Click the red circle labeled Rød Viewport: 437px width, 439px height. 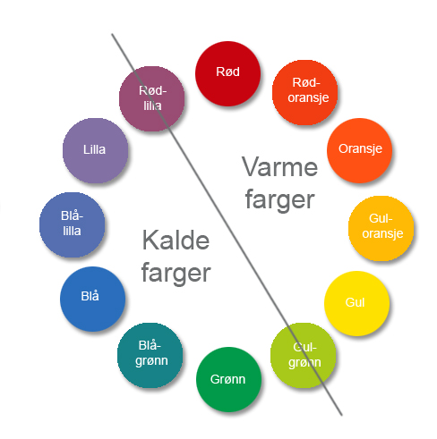(227, 73)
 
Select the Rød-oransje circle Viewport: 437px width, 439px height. (304, 92)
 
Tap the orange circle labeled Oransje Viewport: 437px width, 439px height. (359, 150)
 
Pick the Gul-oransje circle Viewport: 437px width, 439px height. (381, 228)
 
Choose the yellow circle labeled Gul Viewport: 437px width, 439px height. (356, 303)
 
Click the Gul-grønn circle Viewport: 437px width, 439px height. (303, 355)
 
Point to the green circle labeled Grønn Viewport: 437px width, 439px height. (228, 379)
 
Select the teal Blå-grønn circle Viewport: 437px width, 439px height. (150, 355)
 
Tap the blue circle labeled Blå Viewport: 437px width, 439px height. (92, 299)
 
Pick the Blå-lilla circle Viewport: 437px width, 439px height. (72, 224)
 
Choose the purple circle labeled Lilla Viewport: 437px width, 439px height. (95, 150)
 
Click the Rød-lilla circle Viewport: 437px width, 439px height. (151, 98)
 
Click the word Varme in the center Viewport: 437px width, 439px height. (279, 167)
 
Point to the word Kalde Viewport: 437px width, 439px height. (176, 241)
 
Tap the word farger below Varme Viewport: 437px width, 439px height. (279, 200)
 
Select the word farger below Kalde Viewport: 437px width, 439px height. (176, 274)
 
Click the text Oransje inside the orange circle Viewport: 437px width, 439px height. (360, 148)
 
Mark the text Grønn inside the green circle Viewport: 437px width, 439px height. (227, 379)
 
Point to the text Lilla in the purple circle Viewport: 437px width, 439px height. (94, 149)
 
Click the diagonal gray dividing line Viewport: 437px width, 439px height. (227, 224)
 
